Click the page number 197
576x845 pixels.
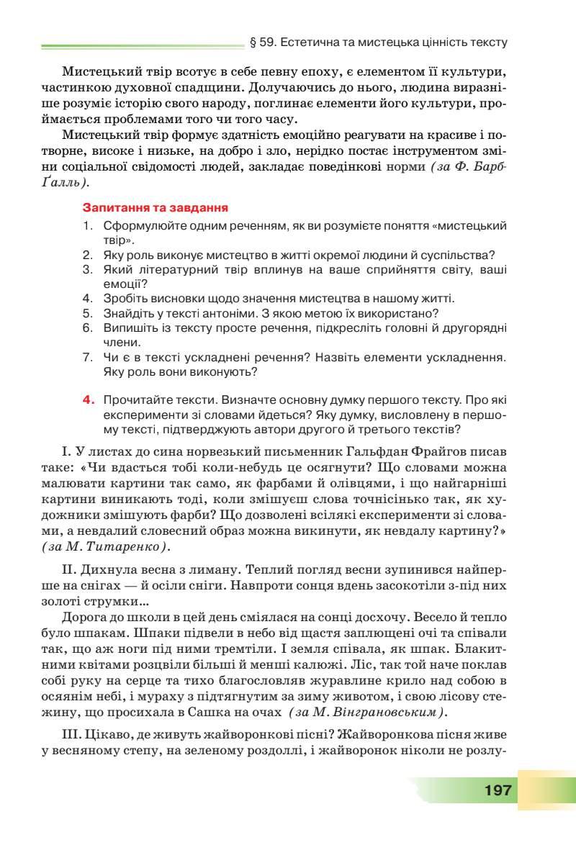498,790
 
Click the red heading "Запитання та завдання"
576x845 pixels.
156,207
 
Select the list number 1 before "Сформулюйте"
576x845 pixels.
87,225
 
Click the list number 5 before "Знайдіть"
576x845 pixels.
87,313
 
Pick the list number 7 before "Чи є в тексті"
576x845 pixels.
87,357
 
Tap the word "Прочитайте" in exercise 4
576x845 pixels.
135,398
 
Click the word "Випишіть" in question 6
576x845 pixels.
127,327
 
